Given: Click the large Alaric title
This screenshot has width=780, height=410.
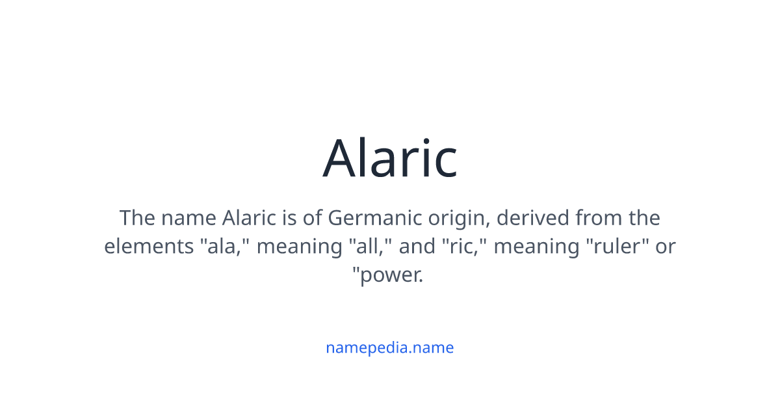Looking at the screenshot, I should click(x=390, y=158).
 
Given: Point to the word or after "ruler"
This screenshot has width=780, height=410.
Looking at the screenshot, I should click(x=665, y=247).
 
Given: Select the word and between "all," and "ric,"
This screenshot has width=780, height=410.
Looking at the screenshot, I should click(x=416, y=247).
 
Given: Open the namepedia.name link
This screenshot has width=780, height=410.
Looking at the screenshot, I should click(x=390, y=348).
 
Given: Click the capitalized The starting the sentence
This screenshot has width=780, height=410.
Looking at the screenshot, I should click(x=137, y=217).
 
